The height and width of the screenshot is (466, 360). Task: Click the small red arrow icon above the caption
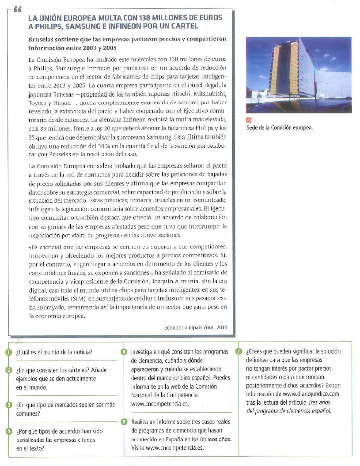249,120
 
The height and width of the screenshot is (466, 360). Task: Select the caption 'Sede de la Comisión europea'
279,128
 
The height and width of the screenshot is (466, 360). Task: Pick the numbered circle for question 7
239,352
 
